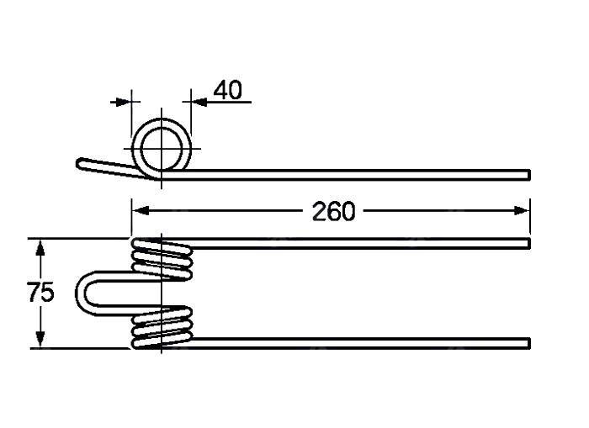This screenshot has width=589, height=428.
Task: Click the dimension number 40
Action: click(228, 90)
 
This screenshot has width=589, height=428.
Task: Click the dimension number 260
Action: click(333, 211)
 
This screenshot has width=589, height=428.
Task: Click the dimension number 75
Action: click(41, 292)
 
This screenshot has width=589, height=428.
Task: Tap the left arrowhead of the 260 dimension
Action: click(141, 210)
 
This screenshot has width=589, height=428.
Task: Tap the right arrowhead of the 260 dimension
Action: click(522, 210)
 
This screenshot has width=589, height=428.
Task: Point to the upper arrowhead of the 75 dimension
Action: click(40, 248)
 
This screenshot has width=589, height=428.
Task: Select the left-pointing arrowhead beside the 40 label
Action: click(199, 102)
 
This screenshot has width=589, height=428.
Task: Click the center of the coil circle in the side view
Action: click(162, 149)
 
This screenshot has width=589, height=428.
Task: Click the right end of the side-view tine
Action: click(529, 175)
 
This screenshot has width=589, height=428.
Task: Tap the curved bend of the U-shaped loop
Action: click(82, 293)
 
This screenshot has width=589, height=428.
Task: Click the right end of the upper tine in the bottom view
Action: click(529, 243)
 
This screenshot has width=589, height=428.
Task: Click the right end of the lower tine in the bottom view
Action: click(529, 343)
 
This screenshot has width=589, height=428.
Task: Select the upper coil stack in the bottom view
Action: click(162, 259)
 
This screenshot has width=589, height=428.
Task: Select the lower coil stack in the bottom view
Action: click(162, 327)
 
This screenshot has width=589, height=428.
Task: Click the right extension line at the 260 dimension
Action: click(530, 216)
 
